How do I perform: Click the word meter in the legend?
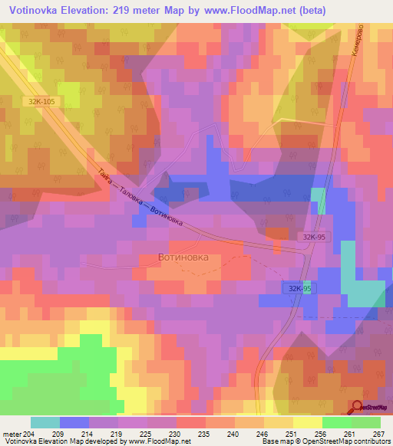12,433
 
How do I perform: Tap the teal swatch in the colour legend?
45,422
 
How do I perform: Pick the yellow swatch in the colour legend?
307,422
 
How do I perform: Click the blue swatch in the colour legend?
74,422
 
